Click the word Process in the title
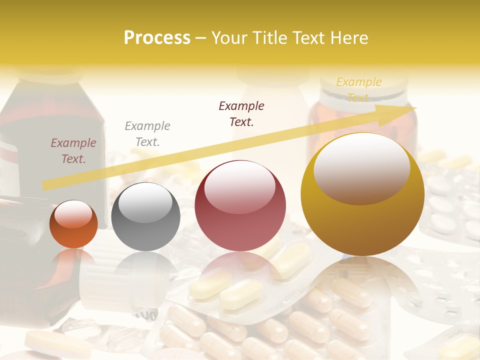pos(157,38)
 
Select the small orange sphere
pos(73,224)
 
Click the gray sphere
pos(145,217)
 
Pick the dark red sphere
pos(240,206)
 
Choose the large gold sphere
pos(362,195)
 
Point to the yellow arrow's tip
pos(415,108)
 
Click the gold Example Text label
pos(359,89)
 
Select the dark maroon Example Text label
pos(241,113)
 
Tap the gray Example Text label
pos(147,133)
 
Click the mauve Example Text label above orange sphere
pos(73,150)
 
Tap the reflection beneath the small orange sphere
pos(73,260)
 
